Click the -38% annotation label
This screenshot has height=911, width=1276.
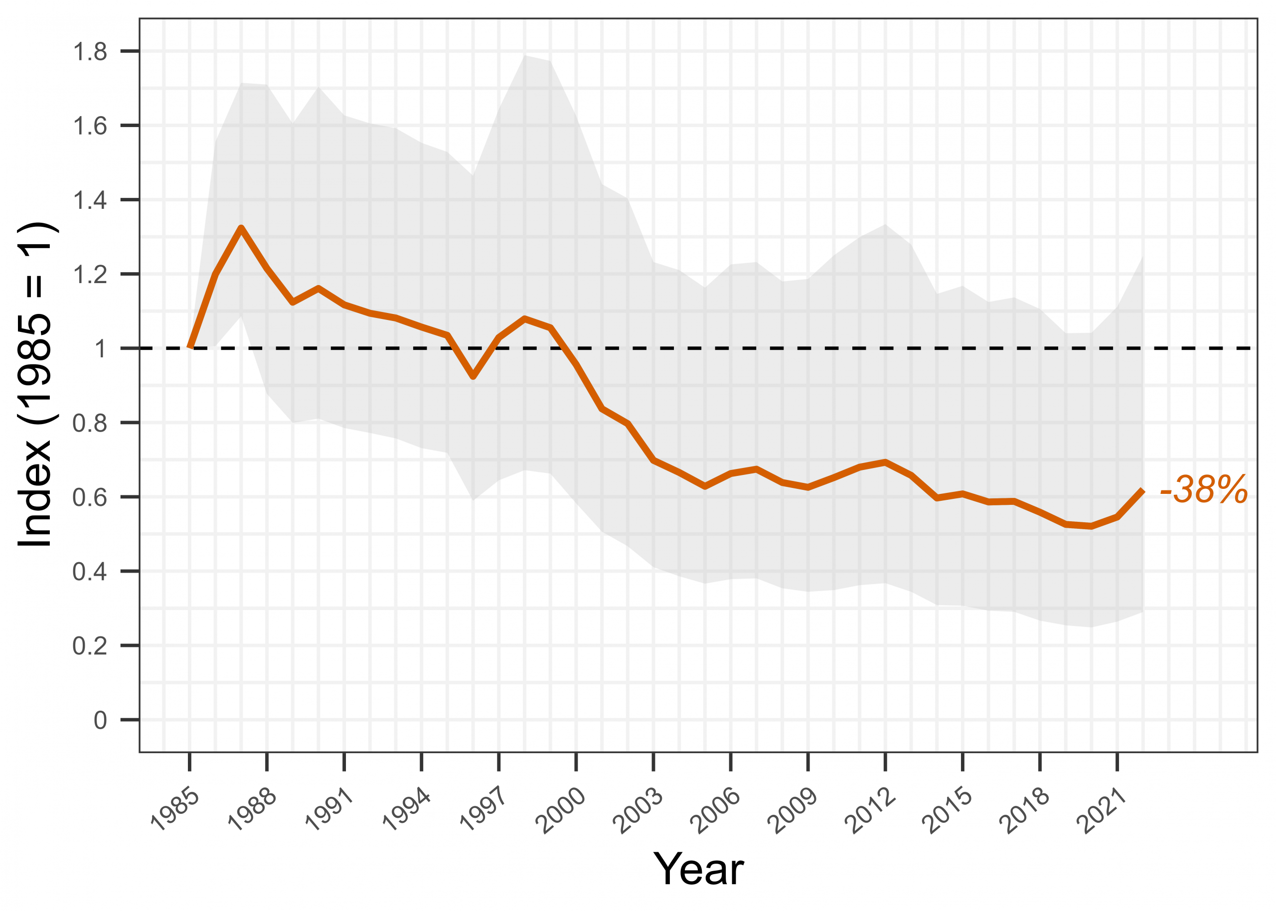[1204, 490]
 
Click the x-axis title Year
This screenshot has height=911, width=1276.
[698, 870]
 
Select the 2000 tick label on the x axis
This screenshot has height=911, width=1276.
[561, 811]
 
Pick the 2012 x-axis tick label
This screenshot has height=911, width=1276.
[870, 811]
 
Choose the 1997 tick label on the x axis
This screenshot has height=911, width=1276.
[484, 811]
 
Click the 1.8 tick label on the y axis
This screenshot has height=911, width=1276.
[90, 52]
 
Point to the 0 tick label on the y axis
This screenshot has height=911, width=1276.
[100, 720]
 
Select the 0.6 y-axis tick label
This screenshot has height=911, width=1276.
[90, 497]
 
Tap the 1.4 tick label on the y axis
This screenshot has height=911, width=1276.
[90, 200]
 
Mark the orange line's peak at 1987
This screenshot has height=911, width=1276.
[241, 228]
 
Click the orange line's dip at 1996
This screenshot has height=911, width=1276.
[474, 377]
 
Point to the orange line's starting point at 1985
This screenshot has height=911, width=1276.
[190, 348]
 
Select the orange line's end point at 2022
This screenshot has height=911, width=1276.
[1142, 490]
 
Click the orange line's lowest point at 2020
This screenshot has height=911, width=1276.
[1091, 526]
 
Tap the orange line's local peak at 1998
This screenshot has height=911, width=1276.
[524, 318]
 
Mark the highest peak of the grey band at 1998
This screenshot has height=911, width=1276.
[525, 55]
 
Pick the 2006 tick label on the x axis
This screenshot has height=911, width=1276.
[716, 811]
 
